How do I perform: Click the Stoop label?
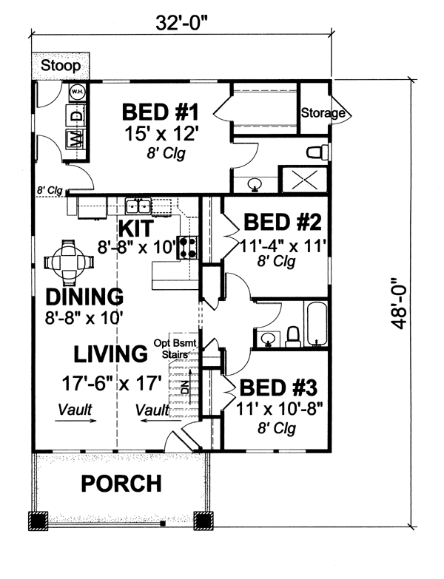coord(61,66)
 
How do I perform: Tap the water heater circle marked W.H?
coord(78,91)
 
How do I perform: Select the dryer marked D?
coord(76,115)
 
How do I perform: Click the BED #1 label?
coord(161,112)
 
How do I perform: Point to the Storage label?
coord(323,112)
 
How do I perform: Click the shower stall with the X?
coord(305,180)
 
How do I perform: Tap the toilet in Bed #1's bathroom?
coord(317,152)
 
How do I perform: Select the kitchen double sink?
coord(138,206)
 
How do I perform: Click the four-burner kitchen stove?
coord(188,247)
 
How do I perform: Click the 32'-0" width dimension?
coord(181,24)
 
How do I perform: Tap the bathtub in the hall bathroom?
coord(316,324)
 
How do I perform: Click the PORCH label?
coord(121,484)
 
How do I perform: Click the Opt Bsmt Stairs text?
coord(175,348)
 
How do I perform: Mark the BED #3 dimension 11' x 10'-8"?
coord(279,409)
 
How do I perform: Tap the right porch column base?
coord(203,521)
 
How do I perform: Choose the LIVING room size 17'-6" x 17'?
coord(112,383)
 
